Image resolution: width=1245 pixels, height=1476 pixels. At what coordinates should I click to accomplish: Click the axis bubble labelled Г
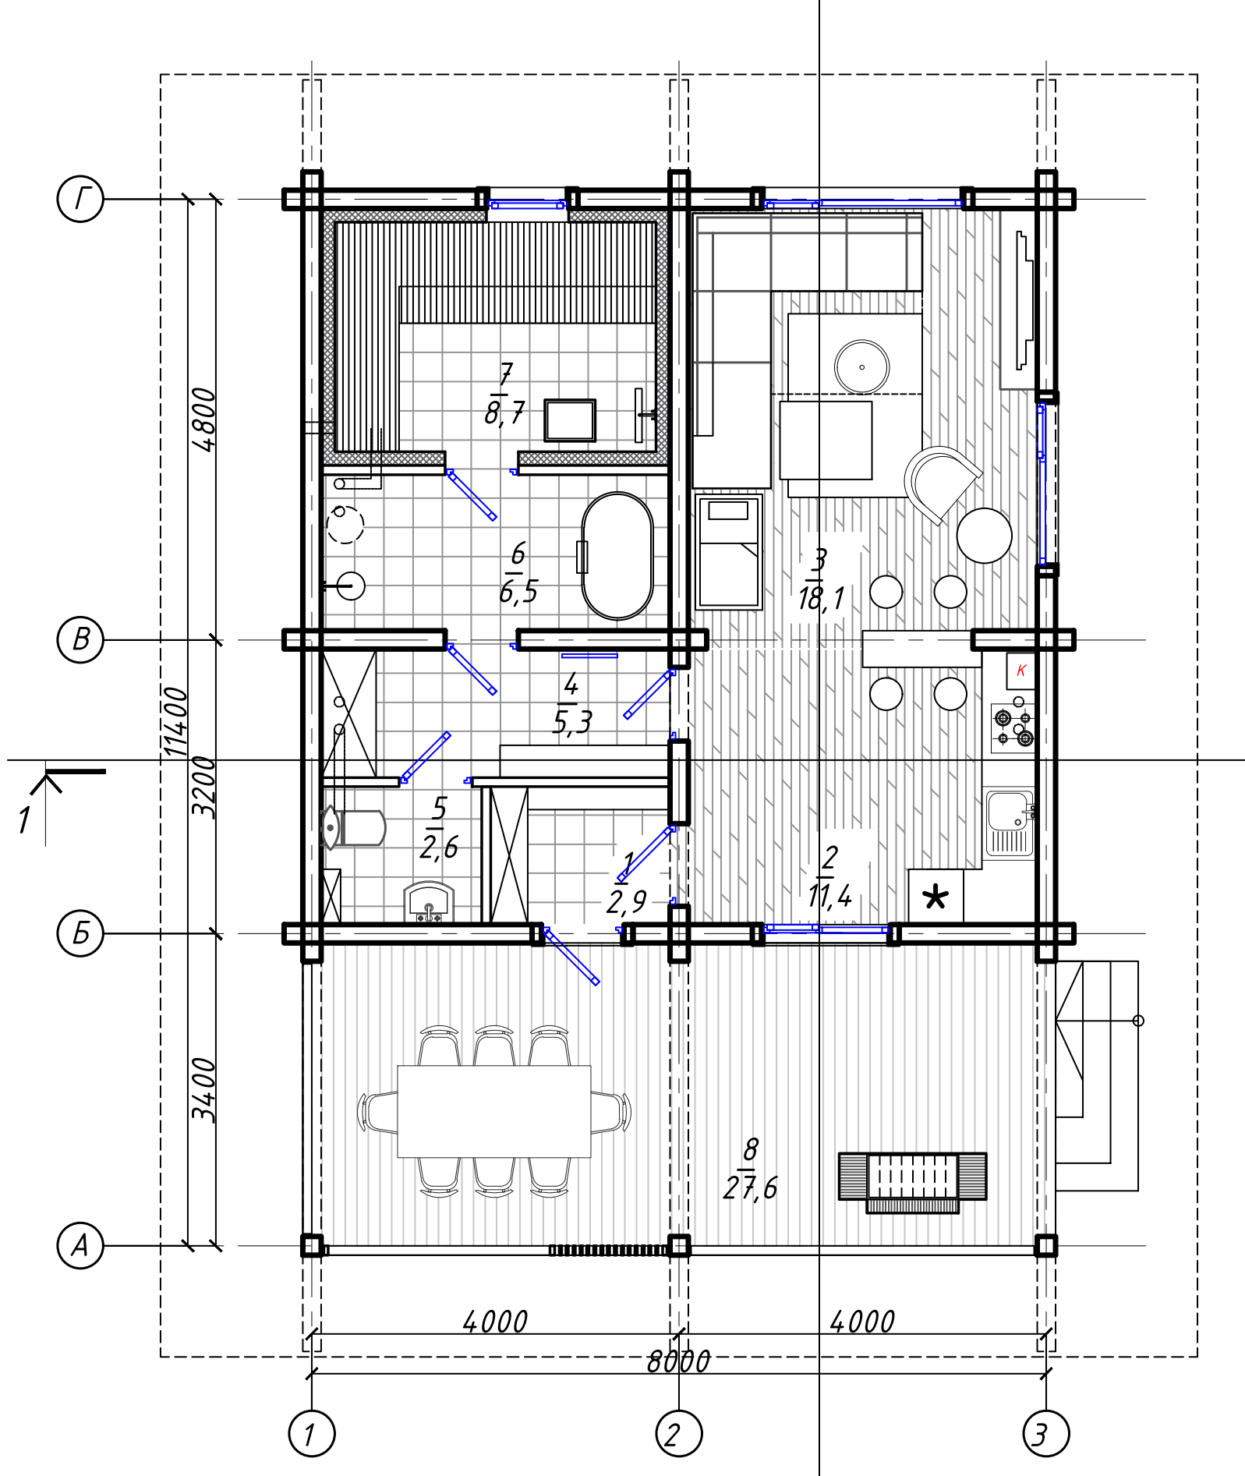[x=80, y=199]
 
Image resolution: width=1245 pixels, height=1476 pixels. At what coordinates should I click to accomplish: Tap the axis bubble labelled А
[x=80, y=1246]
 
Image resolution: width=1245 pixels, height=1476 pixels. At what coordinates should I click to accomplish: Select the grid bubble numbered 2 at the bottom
[x=679, y=1433]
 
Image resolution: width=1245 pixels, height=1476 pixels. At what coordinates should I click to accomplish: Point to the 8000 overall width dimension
[x=678, y=1361]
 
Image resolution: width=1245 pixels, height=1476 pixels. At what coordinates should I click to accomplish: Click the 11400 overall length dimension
[x=176, y=721]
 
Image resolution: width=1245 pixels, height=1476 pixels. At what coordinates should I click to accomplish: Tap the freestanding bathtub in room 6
[x=617, y=556]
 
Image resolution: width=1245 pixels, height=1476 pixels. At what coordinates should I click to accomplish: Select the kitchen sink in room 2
[x=1010, y=823]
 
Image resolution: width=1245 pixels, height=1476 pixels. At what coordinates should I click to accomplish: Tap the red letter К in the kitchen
[x=1021, y=670]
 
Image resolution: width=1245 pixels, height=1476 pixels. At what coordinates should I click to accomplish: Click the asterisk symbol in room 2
[x=936, y=897]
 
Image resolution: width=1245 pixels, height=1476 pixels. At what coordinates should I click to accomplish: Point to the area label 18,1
[x=821, y=599]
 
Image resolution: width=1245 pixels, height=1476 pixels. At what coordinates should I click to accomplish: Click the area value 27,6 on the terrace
[x=750, y=1188]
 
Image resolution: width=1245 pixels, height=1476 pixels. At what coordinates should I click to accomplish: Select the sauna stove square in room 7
[x=570, y=420]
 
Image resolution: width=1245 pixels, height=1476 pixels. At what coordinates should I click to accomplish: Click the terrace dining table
[x=494, y=1111]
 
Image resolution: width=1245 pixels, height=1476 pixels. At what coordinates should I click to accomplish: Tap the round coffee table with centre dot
[x=861, y=367]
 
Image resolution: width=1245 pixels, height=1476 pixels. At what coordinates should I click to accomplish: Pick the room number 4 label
[x=571, y=684]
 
